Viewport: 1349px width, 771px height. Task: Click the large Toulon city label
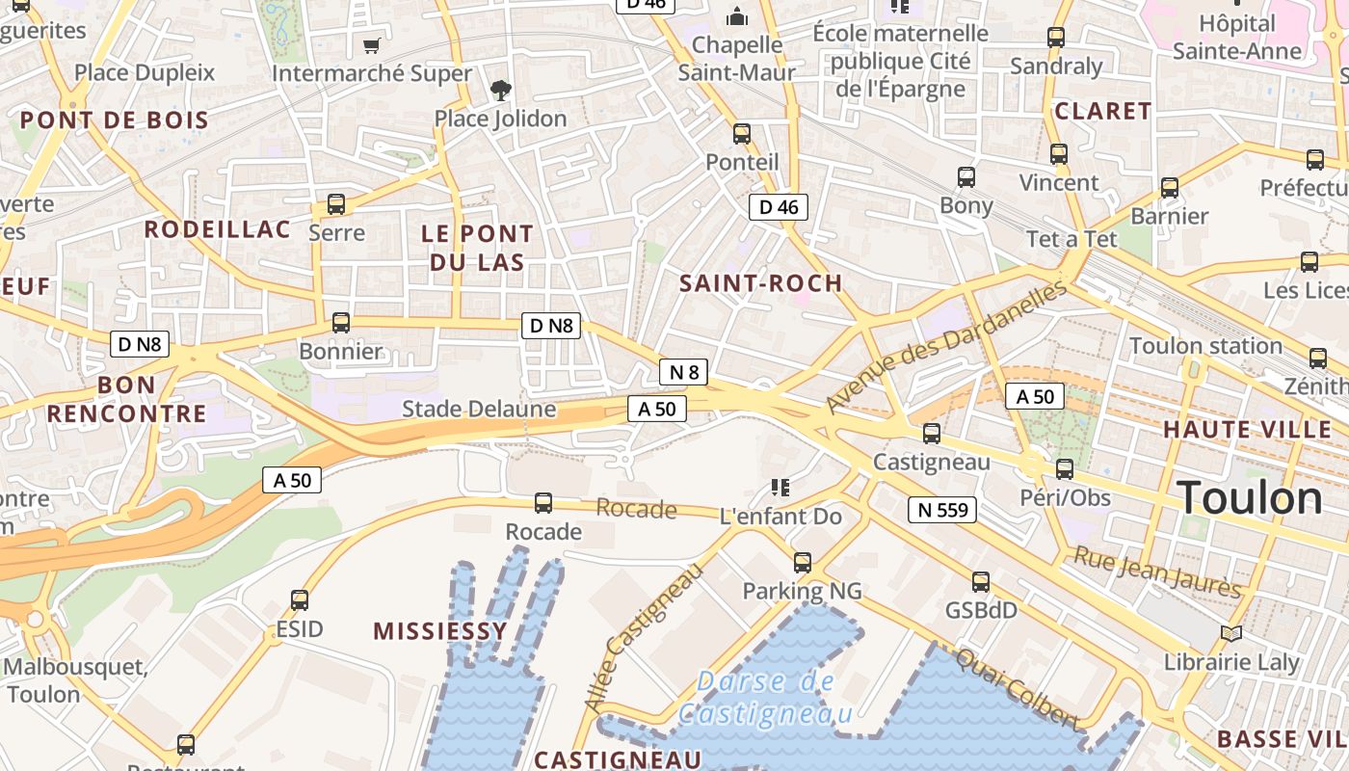tap(1250, 498)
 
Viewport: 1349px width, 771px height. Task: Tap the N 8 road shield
tap(683, 372)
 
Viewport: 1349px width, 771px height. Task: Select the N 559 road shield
tap(942, 510)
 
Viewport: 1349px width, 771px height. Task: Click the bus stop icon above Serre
tap(336, 204)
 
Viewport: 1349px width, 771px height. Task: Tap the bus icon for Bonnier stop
tap(341, 323)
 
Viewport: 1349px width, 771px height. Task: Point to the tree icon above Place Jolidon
tap(500, 91)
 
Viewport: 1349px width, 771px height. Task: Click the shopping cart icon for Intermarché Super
tap(371, 45)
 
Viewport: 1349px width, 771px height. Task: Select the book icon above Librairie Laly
tap(1230, 633)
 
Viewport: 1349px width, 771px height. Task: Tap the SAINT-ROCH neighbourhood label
tap(760, 283)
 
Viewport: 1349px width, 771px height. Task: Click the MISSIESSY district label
tap(439, 631)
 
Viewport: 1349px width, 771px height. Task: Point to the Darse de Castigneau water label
tap(765, 698)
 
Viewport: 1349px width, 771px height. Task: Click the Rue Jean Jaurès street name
tap(1157, 572)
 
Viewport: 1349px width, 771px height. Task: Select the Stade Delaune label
tap(479, 409)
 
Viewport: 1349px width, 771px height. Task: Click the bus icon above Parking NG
tap(802, 563)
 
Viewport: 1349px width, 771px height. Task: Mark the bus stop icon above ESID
tap(300, 600)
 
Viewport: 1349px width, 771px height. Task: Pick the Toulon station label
tap(1204, 346)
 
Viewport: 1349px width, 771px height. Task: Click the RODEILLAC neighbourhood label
tap(217, 229)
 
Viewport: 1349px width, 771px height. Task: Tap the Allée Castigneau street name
tap(644, 639)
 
